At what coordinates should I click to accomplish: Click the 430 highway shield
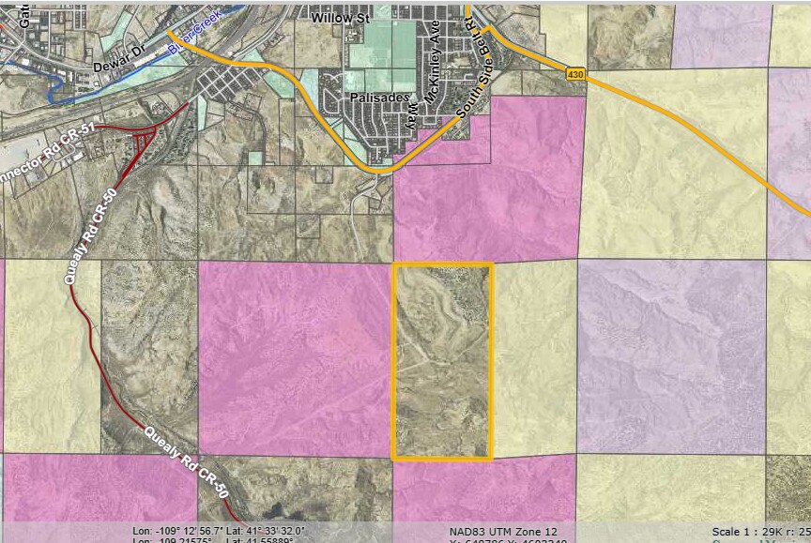click(575, 72)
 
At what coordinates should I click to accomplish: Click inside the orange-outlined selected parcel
click(442, 361)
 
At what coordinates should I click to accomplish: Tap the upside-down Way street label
click(409, 115)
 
